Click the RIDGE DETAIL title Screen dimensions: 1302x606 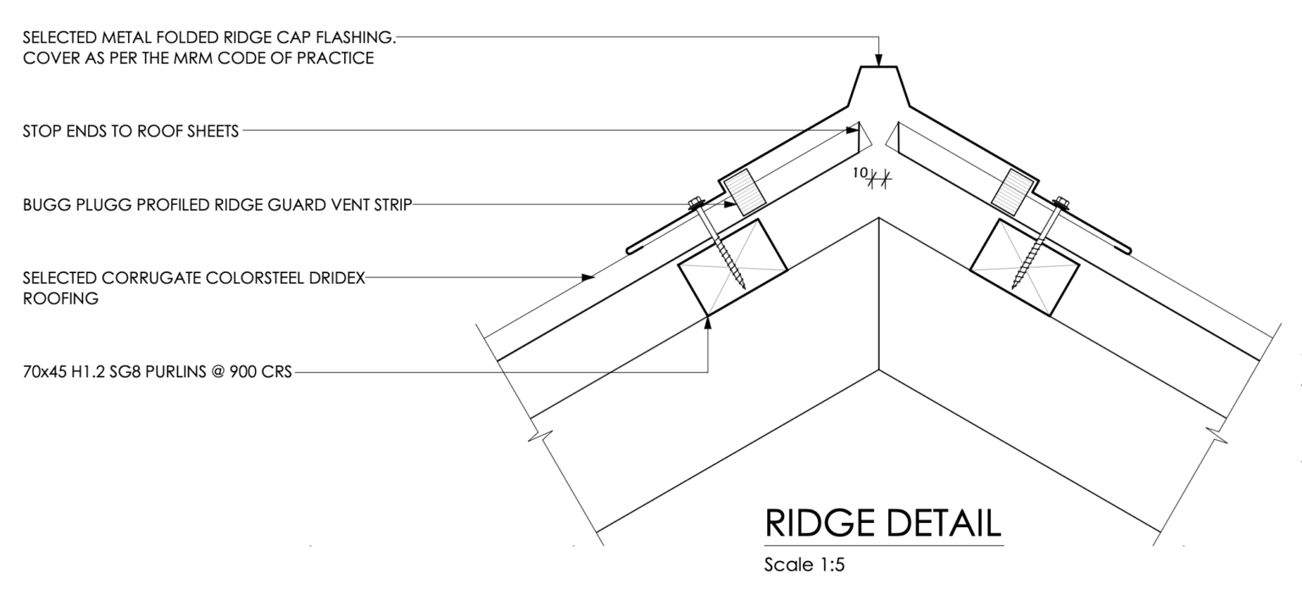click(883, 523)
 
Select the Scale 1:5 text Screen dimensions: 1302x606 click(804, 564)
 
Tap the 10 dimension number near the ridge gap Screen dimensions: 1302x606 click(860, 173)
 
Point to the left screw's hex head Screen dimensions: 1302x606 click(696, 203)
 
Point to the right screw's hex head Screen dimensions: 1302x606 click(1061, 203)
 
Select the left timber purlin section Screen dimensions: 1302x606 click(732, 267)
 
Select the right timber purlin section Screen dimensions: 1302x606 click(1025, 267)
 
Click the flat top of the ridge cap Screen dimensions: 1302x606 click(878, 67)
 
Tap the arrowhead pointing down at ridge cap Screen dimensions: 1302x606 click(878, 60)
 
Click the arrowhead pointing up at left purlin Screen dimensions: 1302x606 click(708, 323)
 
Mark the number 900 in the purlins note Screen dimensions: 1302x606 click(242, 371)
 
